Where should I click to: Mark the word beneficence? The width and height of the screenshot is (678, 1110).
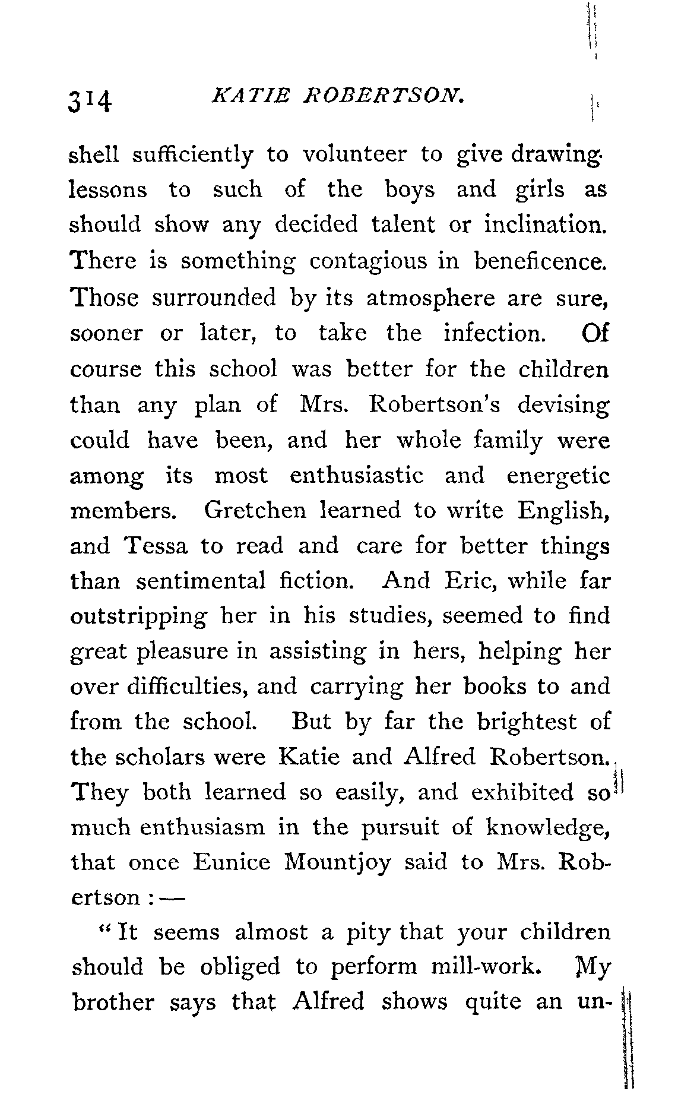click(x=541, y=261)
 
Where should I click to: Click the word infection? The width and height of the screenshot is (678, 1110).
click(x=494, y=333)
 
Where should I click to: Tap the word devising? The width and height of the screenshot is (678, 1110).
click(x=563, y=405)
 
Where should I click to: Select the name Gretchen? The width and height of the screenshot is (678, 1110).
click(x=255, y=510)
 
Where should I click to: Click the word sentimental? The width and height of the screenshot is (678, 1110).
click(x=201, y=580)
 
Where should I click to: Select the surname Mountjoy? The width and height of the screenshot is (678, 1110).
click(x=337, y=863)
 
